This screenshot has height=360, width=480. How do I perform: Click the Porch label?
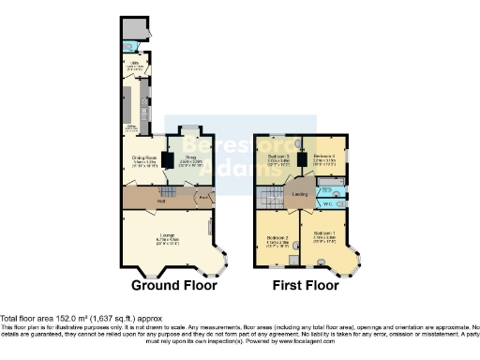pos(203,198)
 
